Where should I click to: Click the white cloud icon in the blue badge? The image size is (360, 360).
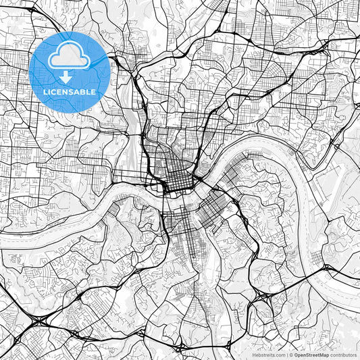pyautogui.click(x=70, y=58)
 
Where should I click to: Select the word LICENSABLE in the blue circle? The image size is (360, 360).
pyautogui.click(x=69, y=91)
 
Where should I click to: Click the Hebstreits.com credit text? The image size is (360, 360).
pyautogui.click(x=267, y=355)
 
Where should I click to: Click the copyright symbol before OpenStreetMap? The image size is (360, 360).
pyautogui.click(x=290, y=355)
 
